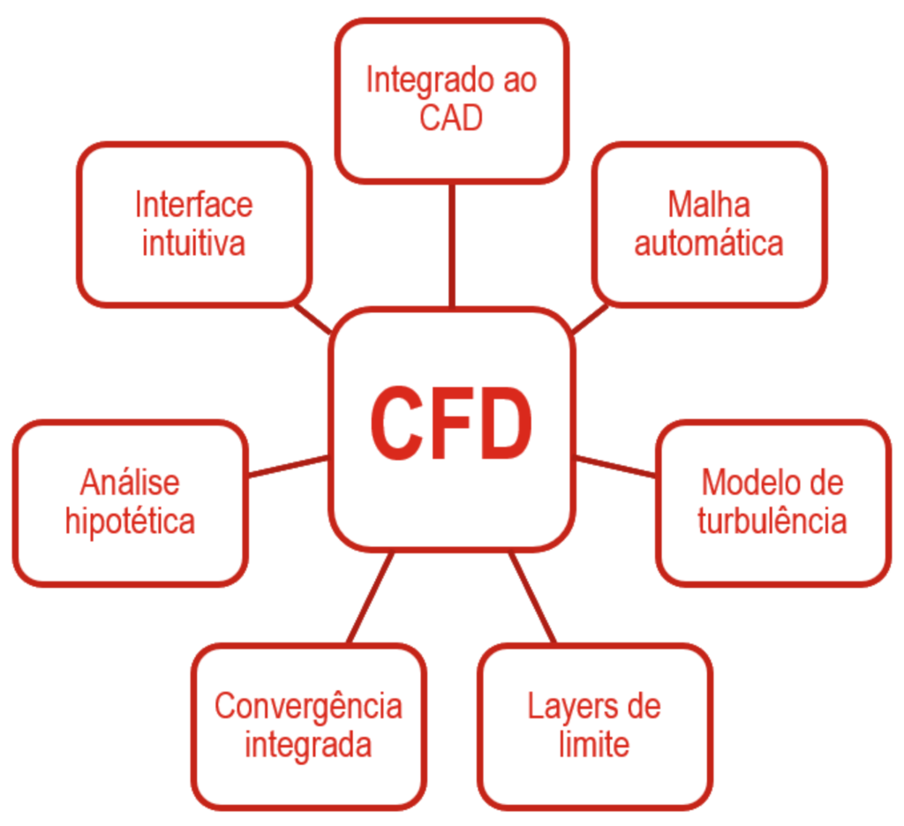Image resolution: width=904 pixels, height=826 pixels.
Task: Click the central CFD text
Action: pos(451,423)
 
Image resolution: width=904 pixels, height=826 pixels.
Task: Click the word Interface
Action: pos(193,205)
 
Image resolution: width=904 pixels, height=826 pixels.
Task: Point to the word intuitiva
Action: pos(193,243)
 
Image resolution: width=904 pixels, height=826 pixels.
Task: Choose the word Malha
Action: pos(709,205)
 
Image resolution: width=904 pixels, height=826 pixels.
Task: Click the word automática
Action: pos(709,243)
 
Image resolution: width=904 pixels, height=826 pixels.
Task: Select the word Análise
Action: pos(131,482)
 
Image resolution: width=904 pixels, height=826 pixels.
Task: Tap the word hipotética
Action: pos(131,522)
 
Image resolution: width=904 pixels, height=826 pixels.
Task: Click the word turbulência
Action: pos(772,520)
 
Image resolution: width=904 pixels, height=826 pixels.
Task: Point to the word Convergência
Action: pos(308,707)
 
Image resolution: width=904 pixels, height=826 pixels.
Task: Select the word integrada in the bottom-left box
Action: pos(308,746)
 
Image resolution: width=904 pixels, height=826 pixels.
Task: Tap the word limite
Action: pos(594,744)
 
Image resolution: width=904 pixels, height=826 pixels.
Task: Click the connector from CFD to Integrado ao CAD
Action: pos(452,245)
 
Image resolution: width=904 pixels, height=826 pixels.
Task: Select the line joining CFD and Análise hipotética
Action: pos(288,466)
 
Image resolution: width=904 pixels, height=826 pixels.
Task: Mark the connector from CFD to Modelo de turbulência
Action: pos(615,466)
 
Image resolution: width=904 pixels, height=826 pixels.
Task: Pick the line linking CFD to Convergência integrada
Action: pos(372,597)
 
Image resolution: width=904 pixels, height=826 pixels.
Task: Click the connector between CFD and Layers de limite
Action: pos(532,597)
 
